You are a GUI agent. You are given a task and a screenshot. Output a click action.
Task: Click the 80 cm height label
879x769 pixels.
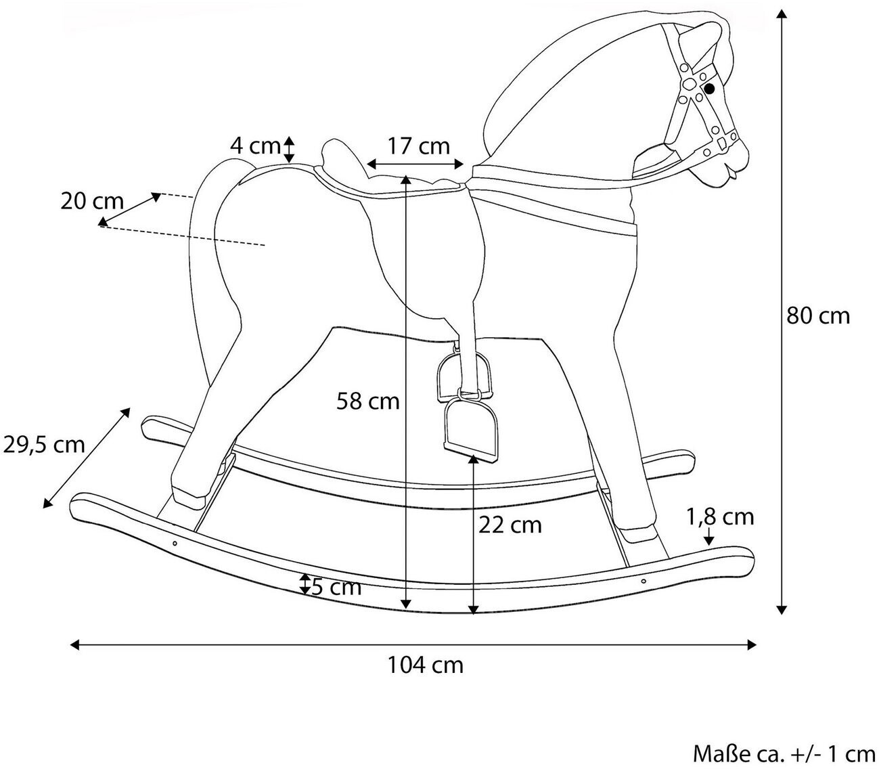pyautogui.click(x=818, y=315)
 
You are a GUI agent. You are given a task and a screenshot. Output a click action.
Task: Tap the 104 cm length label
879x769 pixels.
pyautogui.click(x=425, y=665)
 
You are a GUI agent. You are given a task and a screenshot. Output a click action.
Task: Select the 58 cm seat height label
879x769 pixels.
pyautogui.click(x=368, y=401)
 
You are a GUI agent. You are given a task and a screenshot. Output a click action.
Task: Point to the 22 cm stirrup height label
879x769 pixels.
pyautogui.click(x=510, y=525)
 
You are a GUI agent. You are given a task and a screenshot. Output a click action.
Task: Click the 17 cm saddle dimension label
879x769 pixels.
pyautogui.click(x=418, y=146)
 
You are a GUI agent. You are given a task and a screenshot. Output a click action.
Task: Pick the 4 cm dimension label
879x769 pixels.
pyautogui.click(x=254, y=145)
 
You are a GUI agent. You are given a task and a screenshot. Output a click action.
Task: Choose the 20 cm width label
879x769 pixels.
pyautogui.click(x=92, y=201)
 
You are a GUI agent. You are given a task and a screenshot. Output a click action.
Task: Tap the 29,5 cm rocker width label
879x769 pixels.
pyautogui.click(x=44, y=445)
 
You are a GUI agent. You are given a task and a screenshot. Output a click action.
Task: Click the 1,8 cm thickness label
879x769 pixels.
pyautogui.click(x=720, y=517)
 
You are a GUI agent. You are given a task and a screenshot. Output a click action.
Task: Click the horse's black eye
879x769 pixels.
pyautogui.click(x=710, y=89)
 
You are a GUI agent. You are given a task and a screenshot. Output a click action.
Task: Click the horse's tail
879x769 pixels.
pyautogui.click(x=203, y=271)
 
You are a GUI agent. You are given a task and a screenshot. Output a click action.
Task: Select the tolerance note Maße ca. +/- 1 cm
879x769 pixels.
pyautogui.click(x=784, y=753)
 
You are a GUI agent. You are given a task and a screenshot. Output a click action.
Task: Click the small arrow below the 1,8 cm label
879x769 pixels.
pyautogui.click(x=708, y=537)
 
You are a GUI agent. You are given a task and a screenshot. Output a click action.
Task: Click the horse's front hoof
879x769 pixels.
pyautogui.click(x=639, y=534)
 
